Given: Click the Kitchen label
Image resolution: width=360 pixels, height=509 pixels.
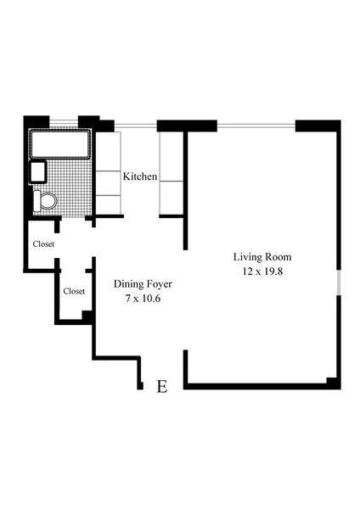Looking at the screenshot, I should click(140, 176).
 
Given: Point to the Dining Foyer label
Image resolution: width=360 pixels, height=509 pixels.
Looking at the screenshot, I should click(137, 284).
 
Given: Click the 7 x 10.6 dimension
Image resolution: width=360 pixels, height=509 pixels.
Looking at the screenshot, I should click(137, 299).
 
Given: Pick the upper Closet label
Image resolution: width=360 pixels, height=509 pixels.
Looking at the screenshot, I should click(43, 244).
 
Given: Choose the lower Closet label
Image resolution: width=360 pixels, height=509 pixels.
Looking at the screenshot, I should click(74, 291).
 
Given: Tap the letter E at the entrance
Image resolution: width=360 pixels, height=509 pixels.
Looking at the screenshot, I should click(162, 387).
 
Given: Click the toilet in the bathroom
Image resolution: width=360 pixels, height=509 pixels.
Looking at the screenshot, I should click(45, 201).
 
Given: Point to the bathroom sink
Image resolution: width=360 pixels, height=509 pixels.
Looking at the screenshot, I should click(38, 172).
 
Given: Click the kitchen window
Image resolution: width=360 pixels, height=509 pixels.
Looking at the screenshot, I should click(136, 127).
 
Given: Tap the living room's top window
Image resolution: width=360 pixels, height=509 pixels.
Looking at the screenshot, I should click(256, 126).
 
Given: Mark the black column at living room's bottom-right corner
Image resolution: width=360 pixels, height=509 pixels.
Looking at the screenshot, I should click(333, 382).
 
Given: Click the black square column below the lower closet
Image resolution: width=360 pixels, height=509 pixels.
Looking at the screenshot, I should click(87, 316).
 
